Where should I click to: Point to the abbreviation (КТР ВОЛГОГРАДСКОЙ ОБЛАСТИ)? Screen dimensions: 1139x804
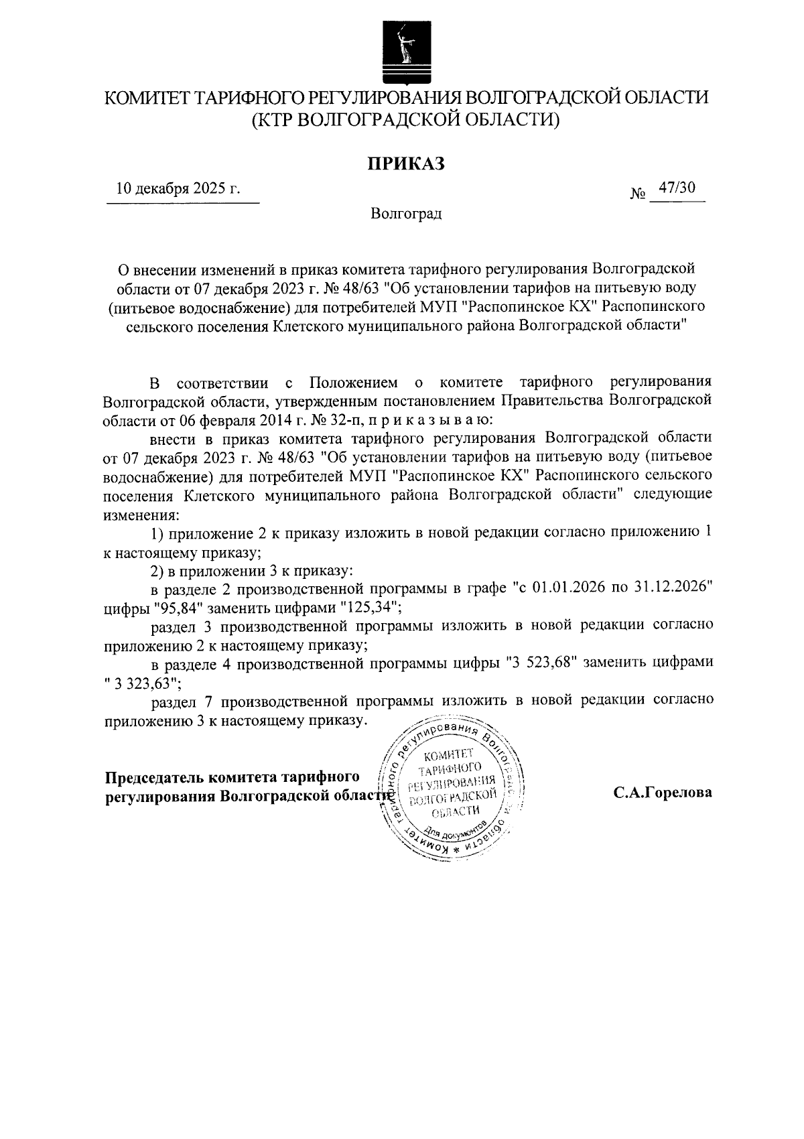[405, 120]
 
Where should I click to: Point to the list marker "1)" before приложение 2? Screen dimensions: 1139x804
[157, 533]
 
